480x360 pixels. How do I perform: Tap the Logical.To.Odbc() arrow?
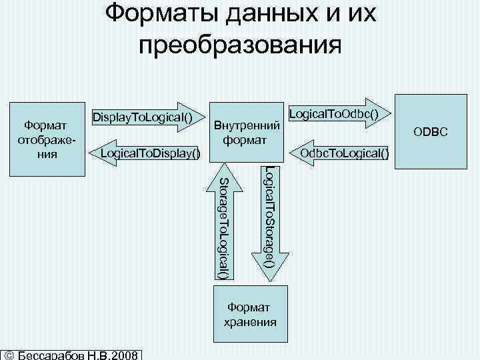point(339,115)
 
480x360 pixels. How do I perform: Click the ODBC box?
point(433,133)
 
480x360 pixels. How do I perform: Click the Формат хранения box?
point(249,314)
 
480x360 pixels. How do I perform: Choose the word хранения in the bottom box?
point(249,321)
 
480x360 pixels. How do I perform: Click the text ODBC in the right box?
point(433,133)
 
